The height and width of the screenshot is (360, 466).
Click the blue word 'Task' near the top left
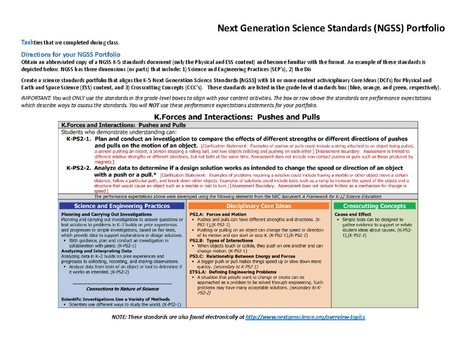[x=27, y=42]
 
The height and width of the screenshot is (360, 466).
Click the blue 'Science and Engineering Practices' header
[x=122, y=206]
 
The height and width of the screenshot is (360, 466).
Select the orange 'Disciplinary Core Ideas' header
[x=259, y=206]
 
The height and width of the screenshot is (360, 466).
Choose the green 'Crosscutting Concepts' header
[x=375, y=206]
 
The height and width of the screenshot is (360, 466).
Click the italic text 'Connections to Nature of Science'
[x=122, y=289]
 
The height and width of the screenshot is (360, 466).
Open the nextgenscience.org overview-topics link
[x=306, y=317]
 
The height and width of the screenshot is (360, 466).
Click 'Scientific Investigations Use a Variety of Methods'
[x=115, y=299]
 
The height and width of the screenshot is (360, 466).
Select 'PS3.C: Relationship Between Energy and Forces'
[x=242, y=256]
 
